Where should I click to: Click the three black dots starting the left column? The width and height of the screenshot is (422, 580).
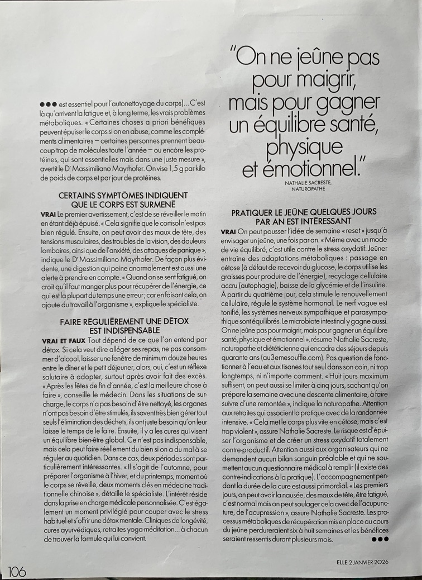49,104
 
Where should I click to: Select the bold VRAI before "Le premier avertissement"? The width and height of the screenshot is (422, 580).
48,215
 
